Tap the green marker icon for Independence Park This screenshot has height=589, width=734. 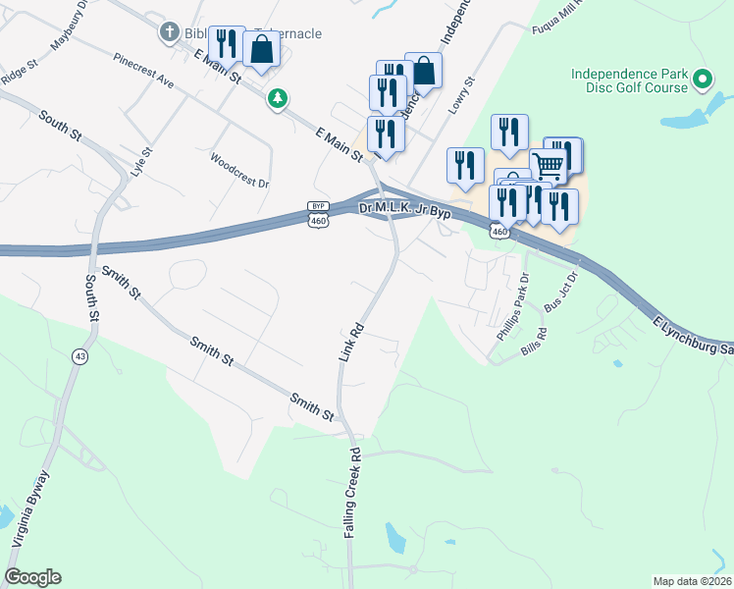pyautogui.click(x=702, y=78)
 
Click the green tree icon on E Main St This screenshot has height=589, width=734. pyautogui.click(x=279, y=97)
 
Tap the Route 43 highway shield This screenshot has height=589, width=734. pyautogui.click(x=76, y=354)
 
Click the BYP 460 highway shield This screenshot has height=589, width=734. pyautogui.click(x=317, y=215)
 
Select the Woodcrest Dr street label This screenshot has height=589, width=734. pyautogui.click(x=239, y=170)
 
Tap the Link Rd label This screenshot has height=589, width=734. pyautogui.click(x=351, y=342)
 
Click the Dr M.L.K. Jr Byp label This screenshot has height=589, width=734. pyautogui.click(x=404, y=209)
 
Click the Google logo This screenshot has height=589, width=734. pyautogui.click(x=32, y=576)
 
